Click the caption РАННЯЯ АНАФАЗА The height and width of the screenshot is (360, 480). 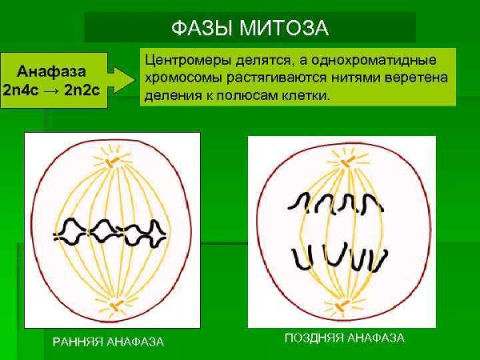point(108,342)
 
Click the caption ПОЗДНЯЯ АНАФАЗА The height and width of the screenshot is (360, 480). point(344,338)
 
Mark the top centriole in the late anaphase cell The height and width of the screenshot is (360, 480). point(344,162)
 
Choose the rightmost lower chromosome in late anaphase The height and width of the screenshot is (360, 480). point(381,258)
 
